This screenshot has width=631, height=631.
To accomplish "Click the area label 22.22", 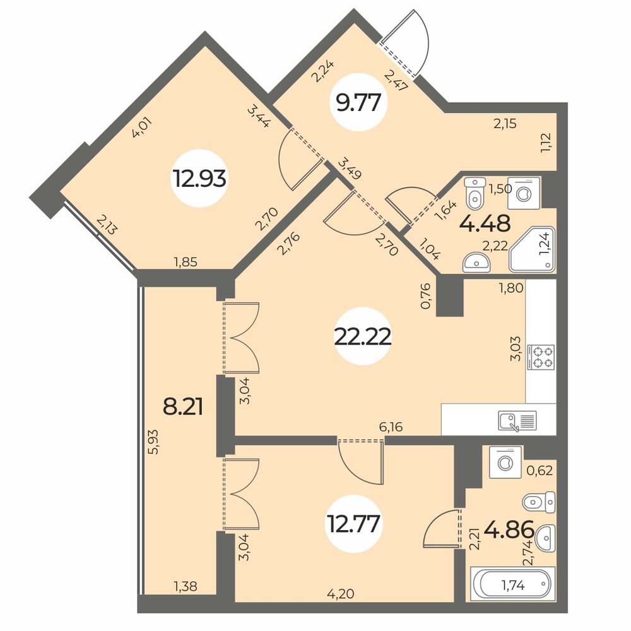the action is click(x=363, y=336).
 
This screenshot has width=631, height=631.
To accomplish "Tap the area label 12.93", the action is click(x=199, y=179).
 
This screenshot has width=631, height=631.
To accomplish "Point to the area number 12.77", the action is click(x=354, y=524).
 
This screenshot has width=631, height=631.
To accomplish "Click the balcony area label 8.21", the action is click(x=183, y=406).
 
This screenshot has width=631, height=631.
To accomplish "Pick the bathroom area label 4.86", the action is click(x=509, y=529).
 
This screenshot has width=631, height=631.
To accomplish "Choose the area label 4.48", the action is click(x=485, y=224).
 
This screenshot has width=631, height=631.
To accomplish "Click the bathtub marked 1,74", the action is click(x=512, y=585).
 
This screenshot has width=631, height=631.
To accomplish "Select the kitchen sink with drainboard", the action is click(x=517, y=421).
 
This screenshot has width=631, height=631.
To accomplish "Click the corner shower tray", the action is click(x=532, y=249).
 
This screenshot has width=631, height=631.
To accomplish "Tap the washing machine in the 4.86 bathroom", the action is click(x=505, y=462).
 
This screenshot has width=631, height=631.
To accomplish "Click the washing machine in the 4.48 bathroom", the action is click(x=524, y=193).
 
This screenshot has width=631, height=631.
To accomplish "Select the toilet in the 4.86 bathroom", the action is click(x=539, y=502).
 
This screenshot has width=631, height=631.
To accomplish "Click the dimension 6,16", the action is click(x=391, y=426).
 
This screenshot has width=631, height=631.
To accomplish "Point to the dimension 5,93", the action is click(x=153, y=442).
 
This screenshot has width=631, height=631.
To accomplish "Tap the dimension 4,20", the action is click(x=341, y=594).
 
